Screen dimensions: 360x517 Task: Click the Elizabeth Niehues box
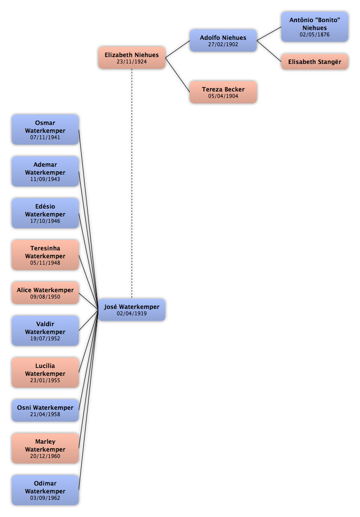131,58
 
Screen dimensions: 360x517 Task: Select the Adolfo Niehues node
223,40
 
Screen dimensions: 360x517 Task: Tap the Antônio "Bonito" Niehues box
314,27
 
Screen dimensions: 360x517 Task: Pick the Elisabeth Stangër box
314,61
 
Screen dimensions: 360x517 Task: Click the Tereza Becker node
223,92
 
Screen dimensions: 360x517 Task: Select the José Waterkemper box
131,309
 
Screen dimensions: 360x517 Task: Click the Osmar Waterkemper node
45,129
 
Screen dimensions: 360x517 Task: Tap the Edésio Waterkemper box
45,213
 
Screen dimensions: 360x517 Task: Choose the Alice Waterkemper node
45,293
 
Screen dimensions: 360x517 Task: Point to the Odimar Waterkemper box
45,490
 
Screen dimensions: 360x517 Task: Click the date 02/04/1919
131,313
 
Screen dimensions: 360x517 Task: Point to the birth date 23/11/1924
131,61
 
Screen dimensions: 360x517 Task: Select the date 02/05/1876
314,34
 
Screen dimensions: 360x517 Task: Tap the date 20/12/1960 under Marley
45,456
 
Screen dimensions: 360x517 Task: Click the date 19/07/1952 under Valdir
45,338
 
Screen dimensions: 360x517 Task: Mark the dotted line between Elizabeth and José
132,183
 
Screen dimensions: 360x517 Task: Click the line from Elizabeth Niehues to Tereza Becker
178,75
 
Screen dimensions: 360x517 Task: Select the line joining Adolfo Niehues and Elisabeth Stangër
269,51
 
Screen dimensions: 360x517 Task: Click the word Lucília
45,365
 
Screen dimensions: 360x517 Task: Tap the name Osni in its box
24,407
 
